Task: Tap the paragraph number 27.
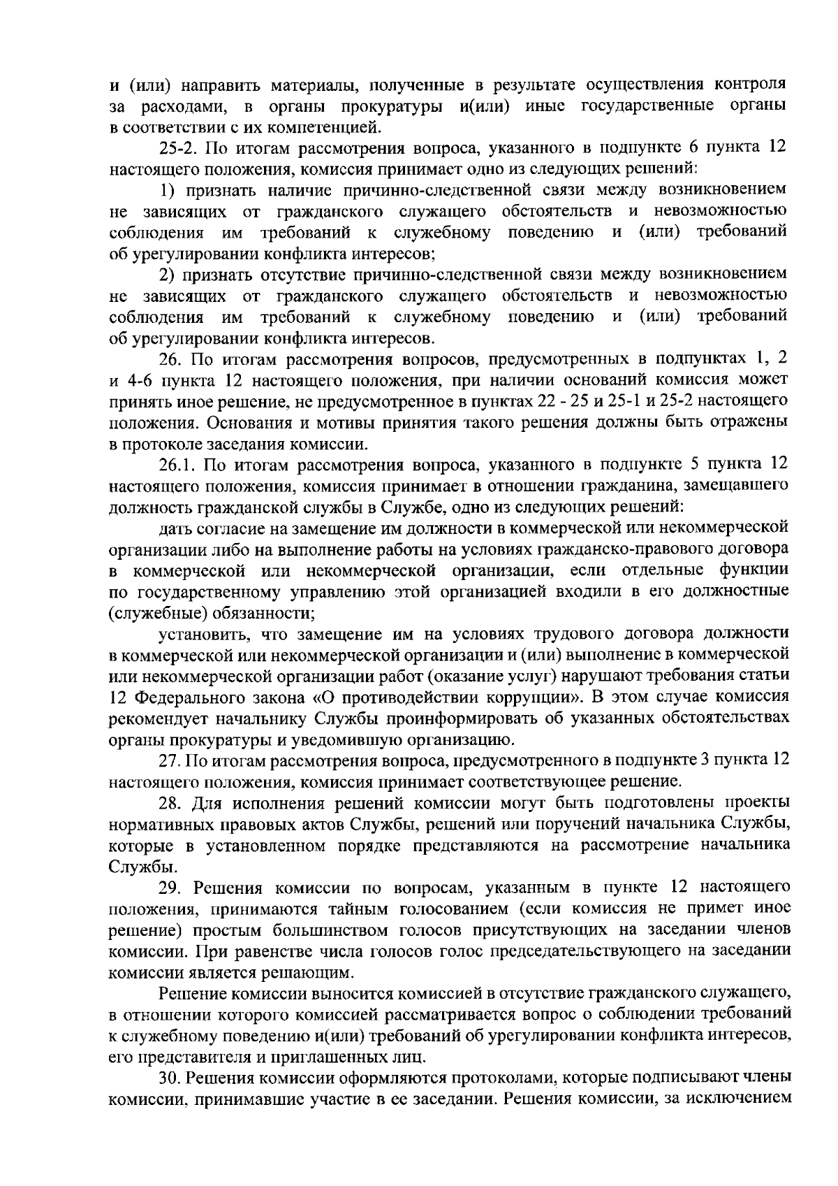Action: point(170,760)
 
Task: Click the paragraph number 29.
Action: point(171,887)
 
